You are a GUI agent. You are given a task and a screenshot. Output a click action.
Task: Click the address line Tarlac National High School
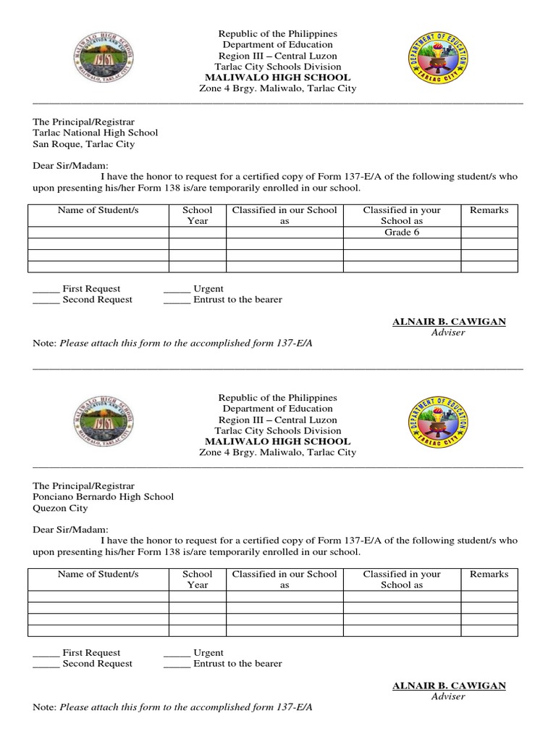pyautogui.click(x=95, y=133)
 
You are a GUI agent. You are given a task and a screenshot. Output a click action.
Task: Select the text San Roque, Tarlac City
pyautogui.click(x=83, y=144)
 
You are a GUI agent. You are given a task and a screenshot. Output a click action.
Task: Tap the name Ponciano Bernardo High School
pyautogui.click(x=103, y=496)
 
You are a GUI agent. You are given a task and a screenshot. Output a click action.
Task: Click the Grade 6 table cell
pyautogui.click(x=402, y=233)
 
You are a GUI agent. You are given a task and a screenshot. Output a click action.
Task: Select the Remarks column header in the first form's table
pyautogui.click(x=489, y=210)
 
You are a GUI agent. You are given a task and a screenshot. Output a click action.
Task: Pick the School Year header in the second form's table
pyautogui.click(x=198, y=579)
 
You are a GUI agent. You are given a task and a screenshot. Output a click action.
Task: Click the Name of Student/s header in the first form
pyautogui.click(x=98, y=210)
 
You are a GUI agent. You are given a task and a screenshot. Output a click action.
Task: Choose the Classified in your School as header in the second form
pyautogui.click(x=402, y=579)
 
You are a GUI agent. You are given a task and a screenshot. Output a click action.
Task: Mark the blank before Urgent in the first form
pyautogui.click(x=177, y=289)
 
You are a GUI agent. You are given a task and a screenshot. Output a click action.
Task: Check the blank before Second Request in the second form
pyautogui.click(x=46, y=664)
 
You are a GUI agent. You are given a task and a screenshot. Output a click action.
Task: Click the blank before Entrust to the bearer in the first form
pyautogui.click(x=177, y=300)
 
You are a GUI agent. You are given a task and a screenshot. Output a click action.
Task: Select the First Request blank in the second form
pyautogui.click(x=46, y=653)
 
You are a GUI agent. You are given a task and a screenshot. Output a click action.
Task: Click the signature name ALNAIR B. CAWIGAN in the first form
pyautogui.click(x=449, y=321)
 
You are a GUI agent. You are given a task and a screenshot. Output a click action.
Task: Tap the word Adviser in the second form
pyautogui.click(x=448, y=696)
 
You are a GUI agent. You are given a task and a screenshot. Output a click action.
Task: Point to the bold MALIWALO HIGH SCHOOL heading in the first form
pyautogui.click(x=278, y=78)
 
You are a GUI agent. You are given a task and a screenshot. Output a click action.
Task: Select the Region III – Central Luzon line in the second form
pyautogui.click(x=278, y=420)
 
